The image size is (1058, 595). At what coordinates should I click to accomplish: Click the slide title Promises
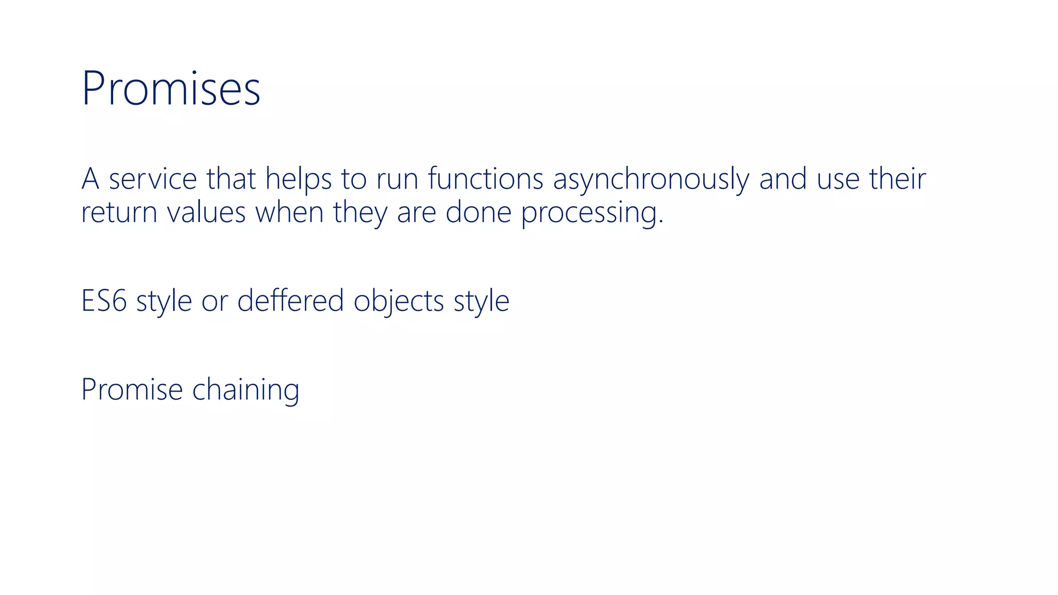point(170,89)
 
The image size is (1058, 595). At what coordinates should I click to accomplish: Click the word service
point(153,179)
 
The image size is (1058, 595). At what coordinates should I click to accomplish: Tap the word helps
point(298,179)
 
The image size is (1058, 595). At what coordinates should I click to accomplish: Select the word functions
point(486,179)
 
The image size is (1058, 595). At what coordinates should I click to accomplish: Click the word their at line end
point(897,179)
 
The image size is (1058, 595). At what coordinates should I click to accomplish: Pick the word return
point(119,213)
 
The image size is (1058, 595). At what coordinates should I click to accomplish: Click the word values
point(206,213)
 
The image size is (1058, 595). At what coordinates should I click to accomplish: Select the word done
point(478,213)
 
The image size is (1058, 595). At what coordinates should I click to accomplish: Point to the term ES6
point(104,301)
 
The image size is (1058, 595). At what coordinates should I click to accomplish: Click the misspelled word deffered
point(290,301)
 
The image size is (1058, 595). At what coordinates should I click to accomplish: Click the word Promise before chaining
point(132,389)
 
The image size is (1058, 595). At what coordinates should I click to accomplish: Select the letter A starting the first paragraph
point(90,179)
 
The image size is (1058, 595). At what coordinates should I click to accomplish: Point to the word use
point(837,180)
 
